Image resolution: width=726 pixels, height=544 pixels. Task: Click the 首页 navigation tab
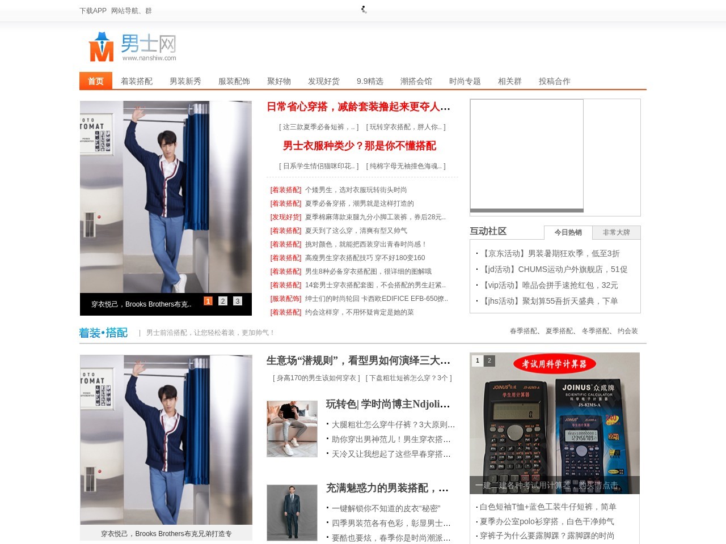click(95, 81)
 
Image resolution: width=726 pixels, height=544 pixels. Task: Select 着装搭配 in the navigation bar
click(137, 81)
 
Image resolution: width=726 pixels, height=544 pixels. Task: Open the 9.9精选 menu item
click(370, 81)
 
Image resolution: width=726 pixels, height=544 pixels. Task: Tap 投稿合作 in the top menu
click(554, 81)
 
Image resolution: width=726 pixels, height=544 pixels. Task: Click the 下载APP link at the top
click(93, 11)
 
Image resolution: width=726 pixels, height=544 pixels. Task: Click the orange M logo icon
click(102, 48)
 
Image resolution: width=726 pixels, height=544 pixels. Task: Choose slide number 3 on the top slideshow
click(238, 301)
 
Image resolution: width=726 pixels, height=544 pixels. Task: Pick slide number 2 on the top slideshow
click(223, 301)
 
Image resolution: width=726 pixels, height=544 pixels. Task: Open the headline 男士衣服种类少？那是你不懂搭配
click(360, 146)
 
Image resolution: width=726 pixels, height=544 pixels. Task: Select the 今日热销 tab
click(568, 232)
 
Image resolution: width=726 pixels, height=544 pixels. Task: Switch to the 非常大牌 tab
click(616, 232)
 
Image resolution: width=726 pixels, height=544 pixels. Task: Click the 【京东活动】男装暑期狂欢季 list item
click(550, 253)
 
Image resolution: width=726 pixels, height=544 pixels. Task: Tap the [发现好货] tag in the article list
click(286, 217)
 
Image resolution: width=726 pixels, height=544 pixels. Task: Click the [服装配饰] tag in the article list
click(286, 299)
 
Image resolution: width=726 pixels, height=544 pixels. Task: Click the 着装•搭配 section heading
click(103, 333)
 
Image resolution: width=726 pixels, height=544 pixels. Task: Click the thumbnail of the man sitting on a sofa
click(292, 428)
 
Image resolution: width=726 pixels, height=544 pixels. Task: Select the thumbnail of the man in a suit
click(292, 512)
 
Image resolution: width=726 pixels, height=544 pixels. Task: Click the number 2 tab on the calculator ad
click(489, 360)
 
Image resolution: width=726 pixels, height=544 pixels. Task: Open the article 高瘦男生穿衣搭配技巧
click(365, 258)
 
